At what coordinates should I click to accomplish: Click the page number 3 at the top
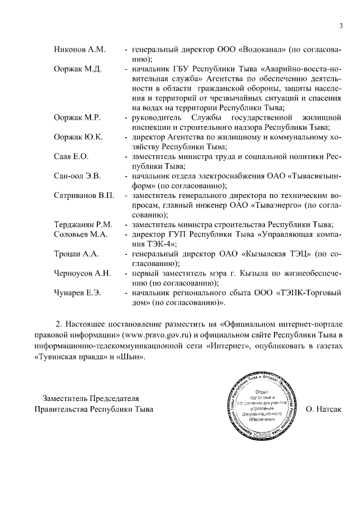[341, 26]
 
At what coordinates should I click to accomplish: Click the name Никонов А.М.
[80, 49]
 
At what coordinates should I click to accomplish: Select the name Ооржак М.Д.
[78, 69]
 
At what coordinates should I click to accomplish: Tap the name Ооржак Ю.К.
[78, 137]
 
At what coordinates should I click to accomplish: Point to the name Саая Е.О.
[71, 157]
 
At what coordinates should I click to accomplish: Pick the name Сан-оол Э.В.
[77, 177]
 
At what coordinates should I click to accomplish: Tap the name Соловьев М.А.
[81, 235]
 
